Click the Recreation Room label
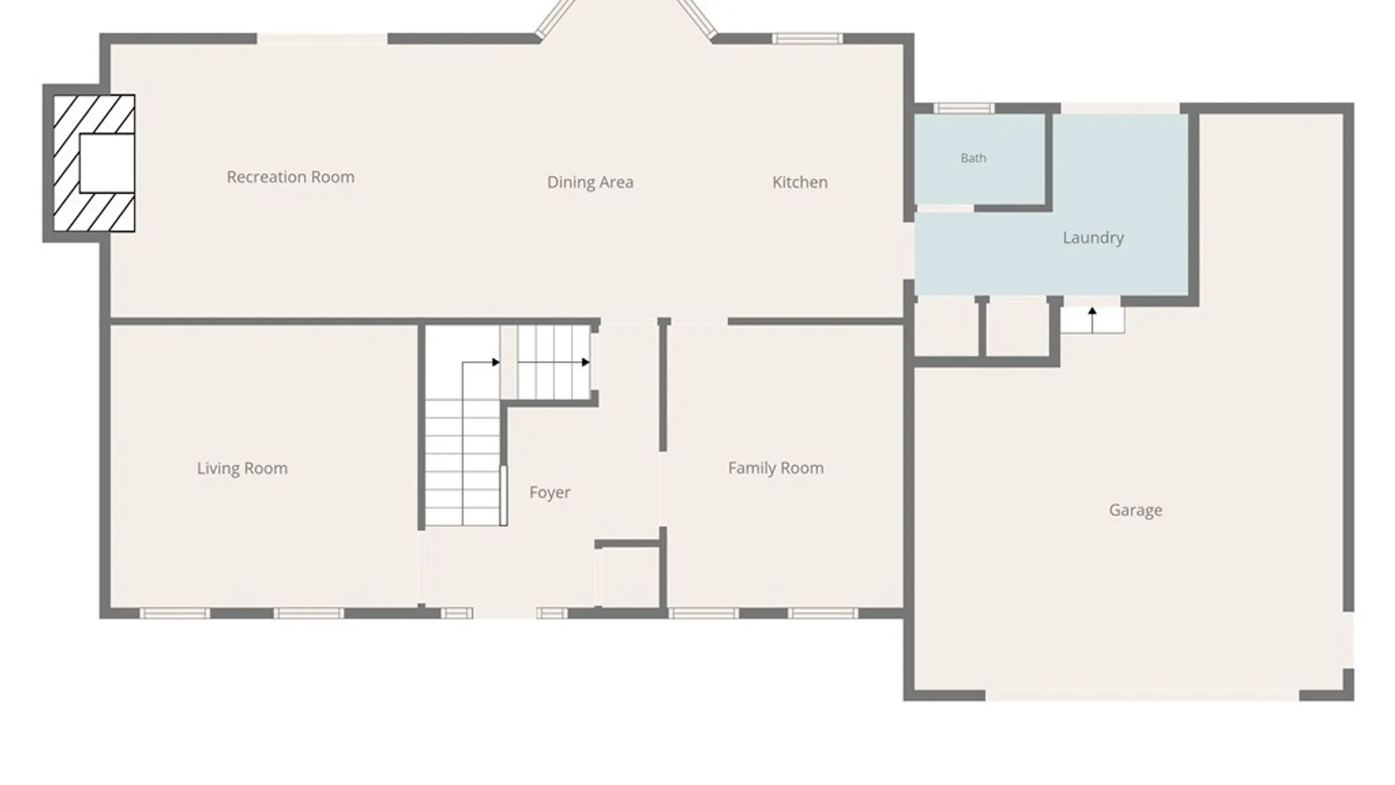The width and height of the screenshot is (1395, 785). (291, 177)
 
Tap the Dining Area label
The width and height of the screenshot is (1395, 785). (590, 182)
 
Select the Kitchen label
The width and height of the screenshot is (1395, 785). (800, 182)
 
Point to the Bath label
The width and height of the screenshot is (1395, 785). (974, 158)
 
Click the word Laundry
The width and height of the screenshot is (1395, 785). (1093, 238)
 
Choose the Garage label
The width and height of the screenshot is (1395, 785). (1136, 510)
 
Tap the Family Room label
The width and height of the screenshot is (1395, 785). (776, 468)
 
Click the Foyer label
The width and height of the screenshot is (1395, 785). (550, 493)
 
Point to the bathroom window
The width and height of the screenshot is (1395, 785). (963, 108)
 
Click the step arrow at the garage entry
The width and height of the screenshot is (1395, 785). (1092, 320)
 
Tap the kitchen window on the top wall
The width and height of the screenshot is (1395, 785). (807, 39)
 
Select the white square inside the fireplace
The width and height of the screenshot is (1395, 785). (107, 164)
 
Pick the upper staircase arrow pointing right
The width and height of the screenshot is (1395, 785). (554, 362)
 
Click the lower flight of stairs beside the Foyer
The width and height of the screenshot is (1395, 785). (463, 462)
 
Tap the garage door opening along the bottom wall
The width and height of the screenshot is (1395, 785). (1142, 696)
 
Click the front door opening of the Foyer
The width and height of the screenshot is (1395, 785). (505, 613)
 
